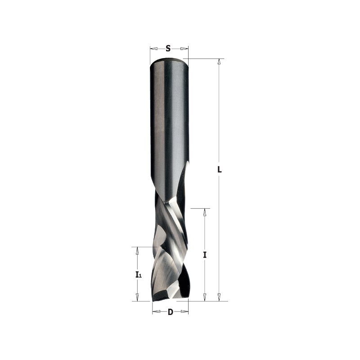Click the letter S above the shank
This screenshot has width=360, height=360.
point(168,48)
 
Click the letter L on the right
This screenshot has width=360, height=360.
point(220,170)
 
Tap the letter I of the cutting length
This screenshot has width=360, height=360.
point(205,255)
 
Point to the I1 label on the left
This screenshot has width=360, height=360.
point(138,274)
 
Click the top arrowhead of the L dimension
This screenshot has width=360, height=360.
point(219,62)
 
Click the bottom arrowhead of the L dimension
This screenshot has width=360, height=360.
point(219,297)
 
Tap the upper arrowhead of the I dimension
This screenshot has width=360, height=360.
point(205,212)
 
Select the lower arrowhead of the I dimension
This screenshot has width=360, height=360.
point(205,297)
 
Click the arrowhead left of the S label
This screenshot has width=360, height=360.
point(153,48)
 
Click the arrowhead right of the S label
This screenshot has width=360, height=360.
point(184,48)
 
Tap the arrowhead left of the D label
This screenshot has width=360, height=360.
point(156,312)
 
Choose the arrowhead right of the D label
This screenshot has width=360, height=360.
point(185,312)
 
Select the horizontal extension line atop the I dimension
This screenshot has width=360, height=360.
point(200,208)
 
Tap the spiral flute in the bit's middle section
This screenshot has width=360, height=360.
point(171,225)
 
